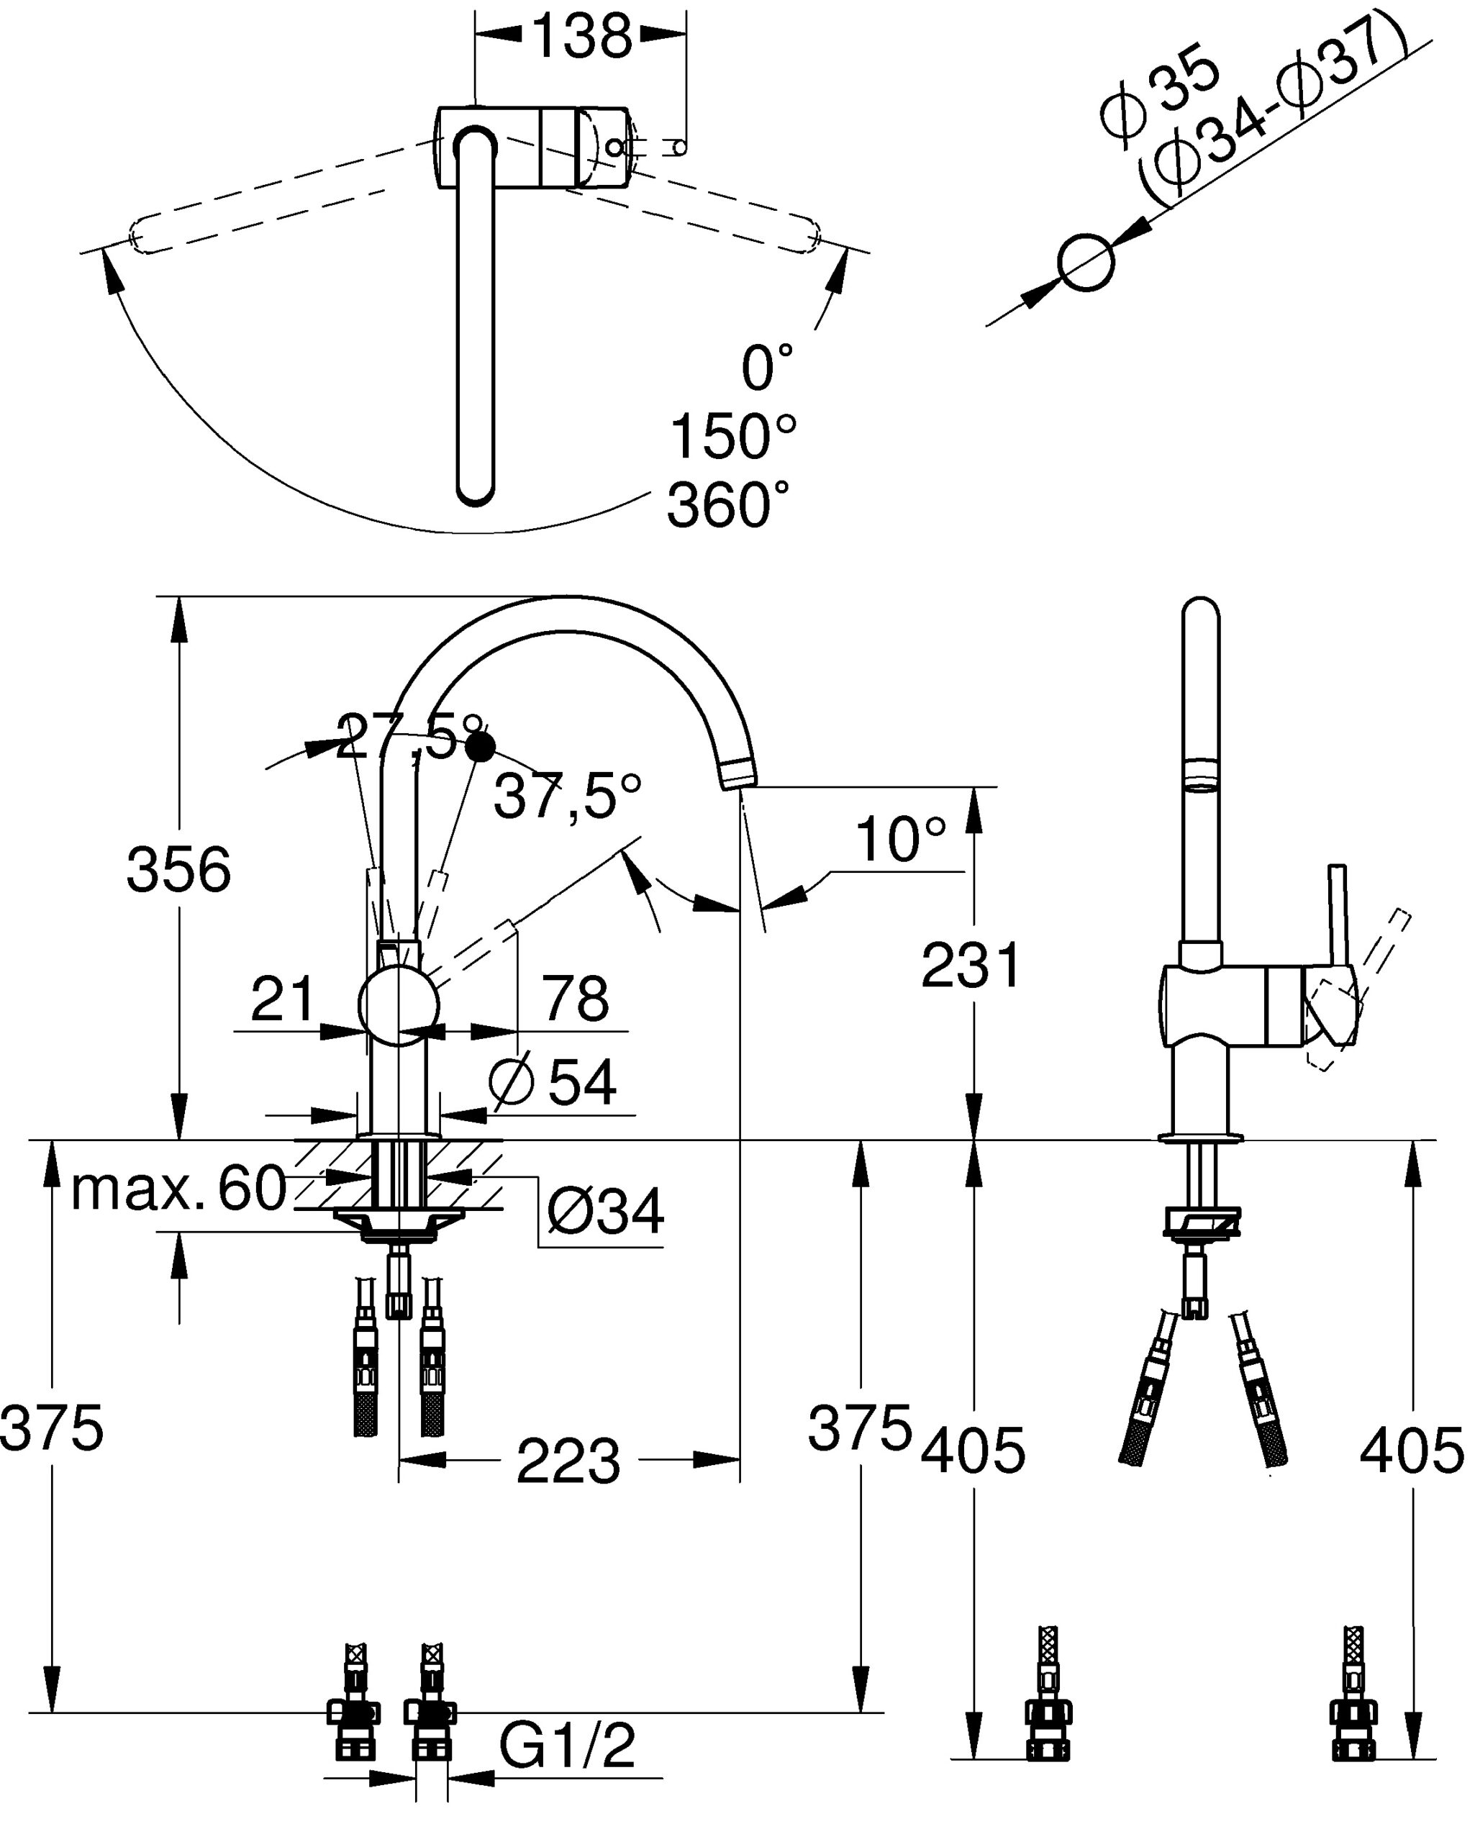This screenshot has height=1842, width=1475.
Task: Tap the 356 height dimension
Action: coord(178,870)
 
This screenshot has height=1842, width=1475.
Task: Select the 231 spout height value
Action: coord(971,966)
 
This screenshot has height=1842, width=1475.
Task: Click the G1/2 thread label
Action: coord(568,1746)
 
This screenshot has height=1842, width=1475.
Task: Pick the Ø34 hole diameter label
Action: coord(605,1211)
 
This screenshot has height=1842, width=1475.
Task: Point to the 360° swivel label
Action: coord(728,505)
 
